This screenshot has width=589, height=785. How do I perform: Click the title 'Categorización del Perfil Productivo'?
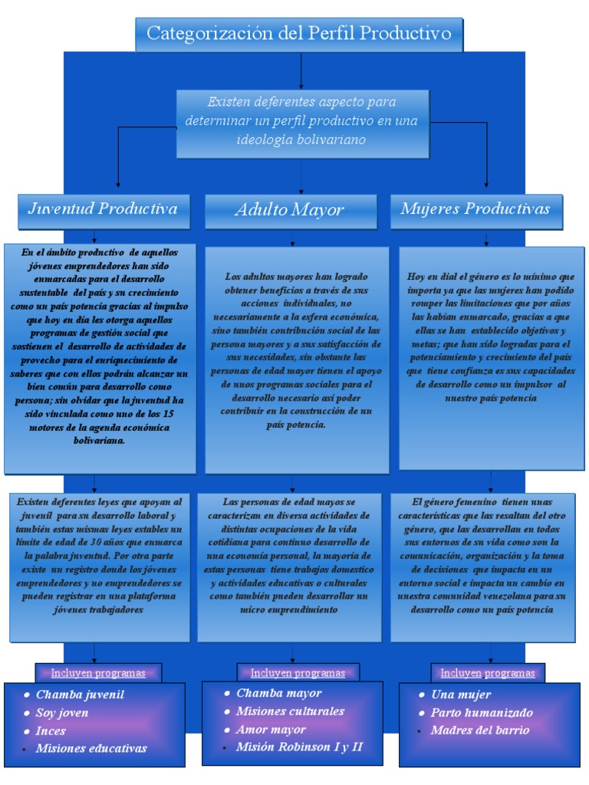point(298,34)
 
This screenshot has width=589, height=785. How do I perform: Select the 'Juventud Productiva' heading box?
point(103,209)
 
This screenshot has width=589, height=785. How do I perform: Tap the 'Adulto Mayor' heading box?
point(289,210)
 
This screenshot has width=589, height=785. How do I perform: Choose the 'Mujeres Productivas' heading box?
point(475,209)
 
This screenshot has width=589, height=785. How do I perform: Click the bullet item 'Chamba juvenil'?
point(80,695)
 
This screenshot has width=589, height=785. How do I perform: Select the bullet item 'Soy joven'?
point(62,712)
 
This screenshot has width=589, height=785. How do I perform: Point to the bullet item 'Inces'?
point(51,731)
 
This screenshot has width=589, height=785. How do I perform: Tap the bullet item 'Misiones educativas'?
point(91,748)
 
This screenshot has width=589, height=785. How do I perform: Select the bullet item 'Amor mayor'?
point(271,729)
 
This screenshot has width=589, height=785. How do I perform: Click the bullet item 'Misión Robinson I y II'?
point(299,747)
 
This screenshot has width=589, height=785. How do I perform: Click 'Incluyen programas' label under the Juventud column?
point(98,673)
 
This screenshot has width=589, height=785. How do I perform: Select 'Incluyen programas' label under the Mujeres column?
point(488,673)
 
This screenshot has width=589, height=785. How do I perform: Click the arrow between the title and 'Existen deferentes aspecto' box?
point(301,70)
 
